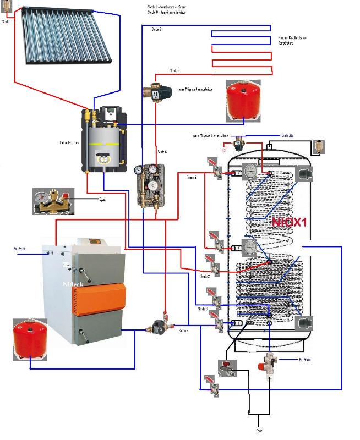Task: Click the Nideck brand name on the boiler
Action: click(73, 284)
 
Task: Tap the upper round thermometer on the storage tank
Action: click(251, 170)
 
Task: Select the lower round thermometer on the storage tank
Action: click(251, 247)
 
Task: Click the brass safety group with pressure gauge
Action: click(51, 201)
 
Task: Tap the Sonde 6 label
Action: click(162, 152)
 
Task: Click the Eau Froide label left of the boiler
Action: click(20, 249)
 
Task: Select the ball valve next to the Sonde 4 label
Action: click(214, 168)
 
